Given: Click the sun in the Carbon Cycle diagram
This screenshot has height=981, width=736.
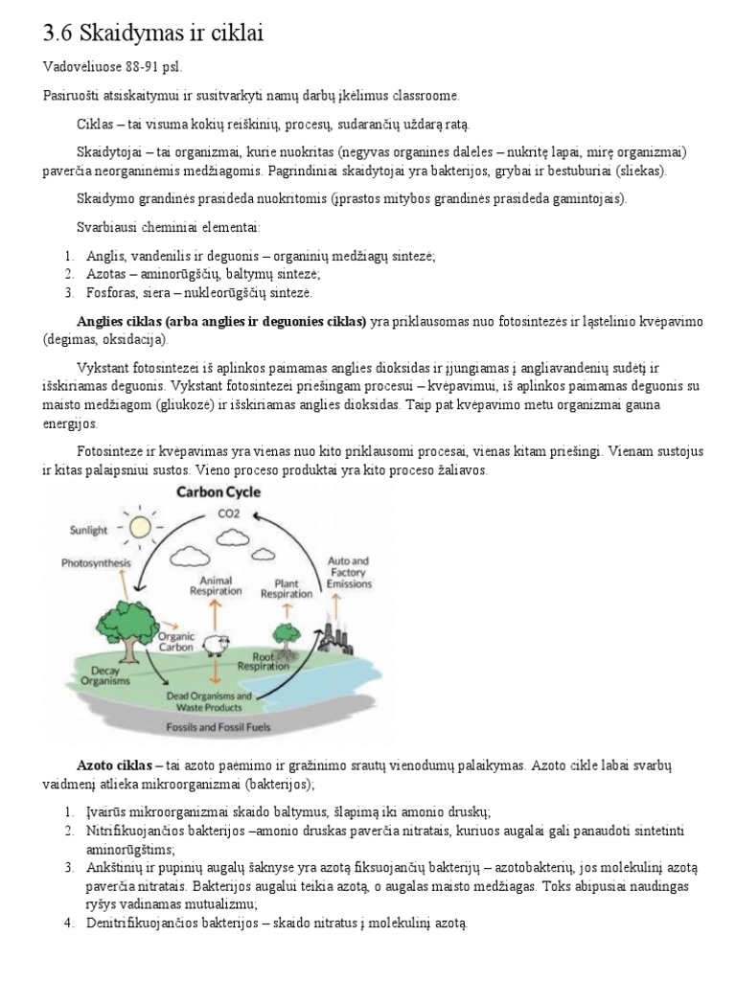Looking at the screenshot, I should point(141,526).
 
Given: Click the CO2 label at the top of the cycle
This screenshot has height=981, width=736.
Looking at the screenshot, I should point(228,514).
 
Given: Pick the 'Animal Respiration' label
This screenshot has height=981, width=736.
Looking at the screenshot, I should point(216,585).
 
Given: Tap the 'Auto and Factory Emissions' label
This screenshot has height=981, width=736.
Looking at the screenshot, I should point(349,571).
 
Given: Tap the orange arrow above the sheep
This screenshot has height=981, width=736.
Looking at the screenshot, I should point(216,613).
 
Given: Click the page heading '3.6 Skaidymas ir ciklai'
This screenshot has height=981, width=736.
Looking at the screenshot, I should point(152,34).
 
